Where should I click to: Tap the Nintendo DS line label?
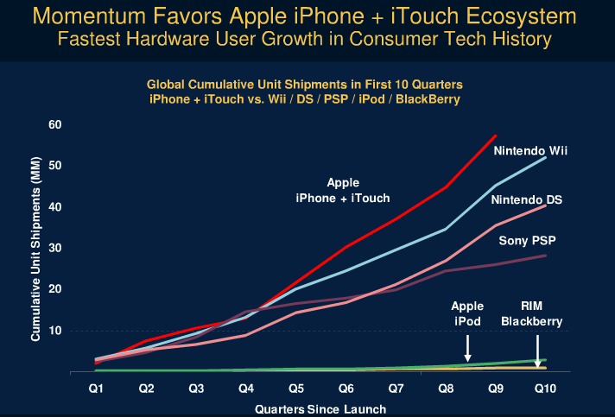tap(527, 200)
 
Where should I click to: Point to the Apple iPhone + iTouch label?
tap(343, 190)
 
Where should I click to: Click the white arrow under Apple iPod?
tap(467, 348)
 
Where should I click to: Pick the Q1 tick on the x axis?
tap(97, 388)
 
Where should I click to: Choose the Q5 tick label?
tap(295, 388)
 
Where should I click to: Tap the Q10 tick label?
tap(545, 388)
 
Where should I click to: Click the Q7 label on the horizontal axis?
tap(395, 388)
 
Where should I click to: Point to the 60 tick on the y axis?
tap(56, 124)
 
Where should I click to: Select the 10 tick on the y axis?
tap(56, 331)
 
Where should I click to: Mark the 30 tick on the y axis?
tap(56, 248)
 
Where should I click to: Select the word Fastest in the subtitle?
tap(98, 39)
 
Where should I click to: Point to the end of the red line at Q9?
tap(496, 136)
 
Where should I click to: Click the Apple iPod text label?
tap(467, 314)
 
